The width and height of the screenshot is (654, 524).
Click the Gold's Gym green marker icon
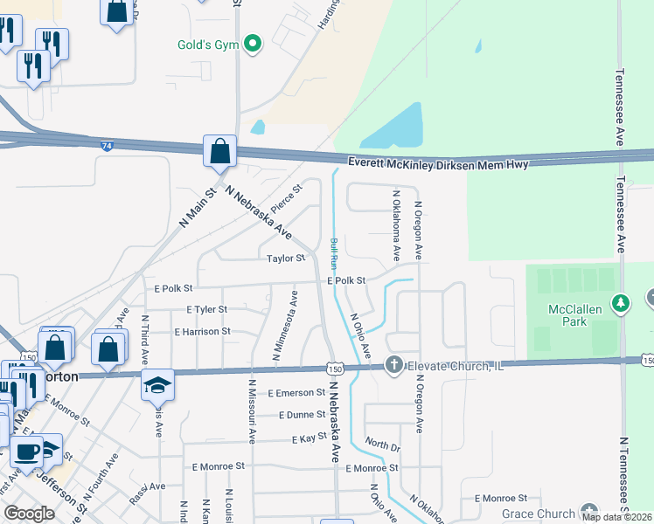(x=254, y=44)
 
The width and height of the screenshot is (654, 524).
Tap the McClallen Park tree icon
(x=622, y=302)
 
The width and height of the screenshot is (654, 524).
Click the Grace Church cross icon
(x=588, y=514)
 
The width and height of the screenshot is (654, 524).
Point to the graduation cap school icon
(x=158, y=384)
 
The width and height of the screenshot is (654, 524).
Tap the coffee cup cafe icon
(x=27, y=452)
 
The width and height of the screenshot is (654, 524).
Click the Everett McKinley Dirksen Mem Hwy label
(x=438, y=163)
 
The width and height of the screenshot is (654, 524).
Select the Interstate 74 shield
(x=106, y=148)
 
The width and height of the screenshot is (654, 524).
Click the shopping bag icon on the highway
(x=220, y=150)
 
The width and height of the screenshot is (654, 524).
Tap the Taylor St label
(x=286, y=259)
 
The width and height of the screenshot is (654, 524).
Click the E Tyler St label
(x=206, y=309)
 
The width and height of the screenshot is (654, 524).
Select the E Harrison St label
(x=202, y=332)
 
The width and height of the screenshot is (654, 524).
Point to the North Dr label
(x=382, y=446)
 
